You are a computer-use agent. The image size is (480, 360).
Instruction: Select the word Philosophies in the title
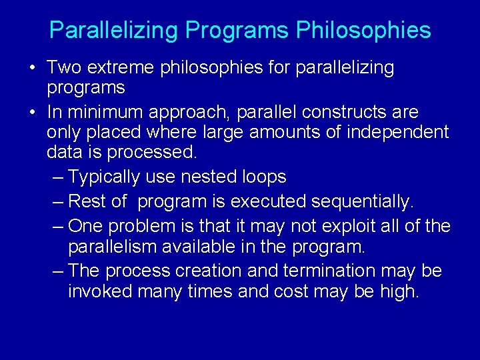coord(363,31)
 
